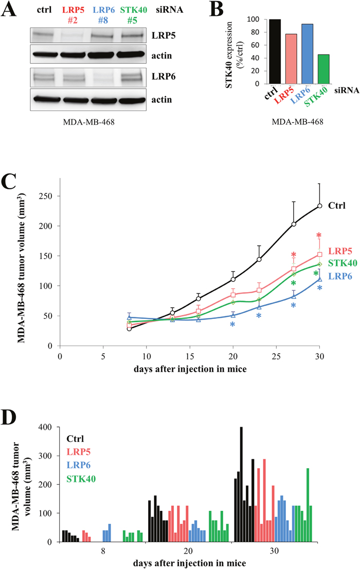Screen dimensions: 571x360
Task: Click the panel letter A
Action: click(x=10, y=11)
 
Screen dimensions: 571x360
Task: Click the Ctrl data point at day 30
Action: click(x=319, y=206)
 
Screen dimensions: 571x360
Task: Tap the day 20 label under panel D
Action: click(x=189, y=551)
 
